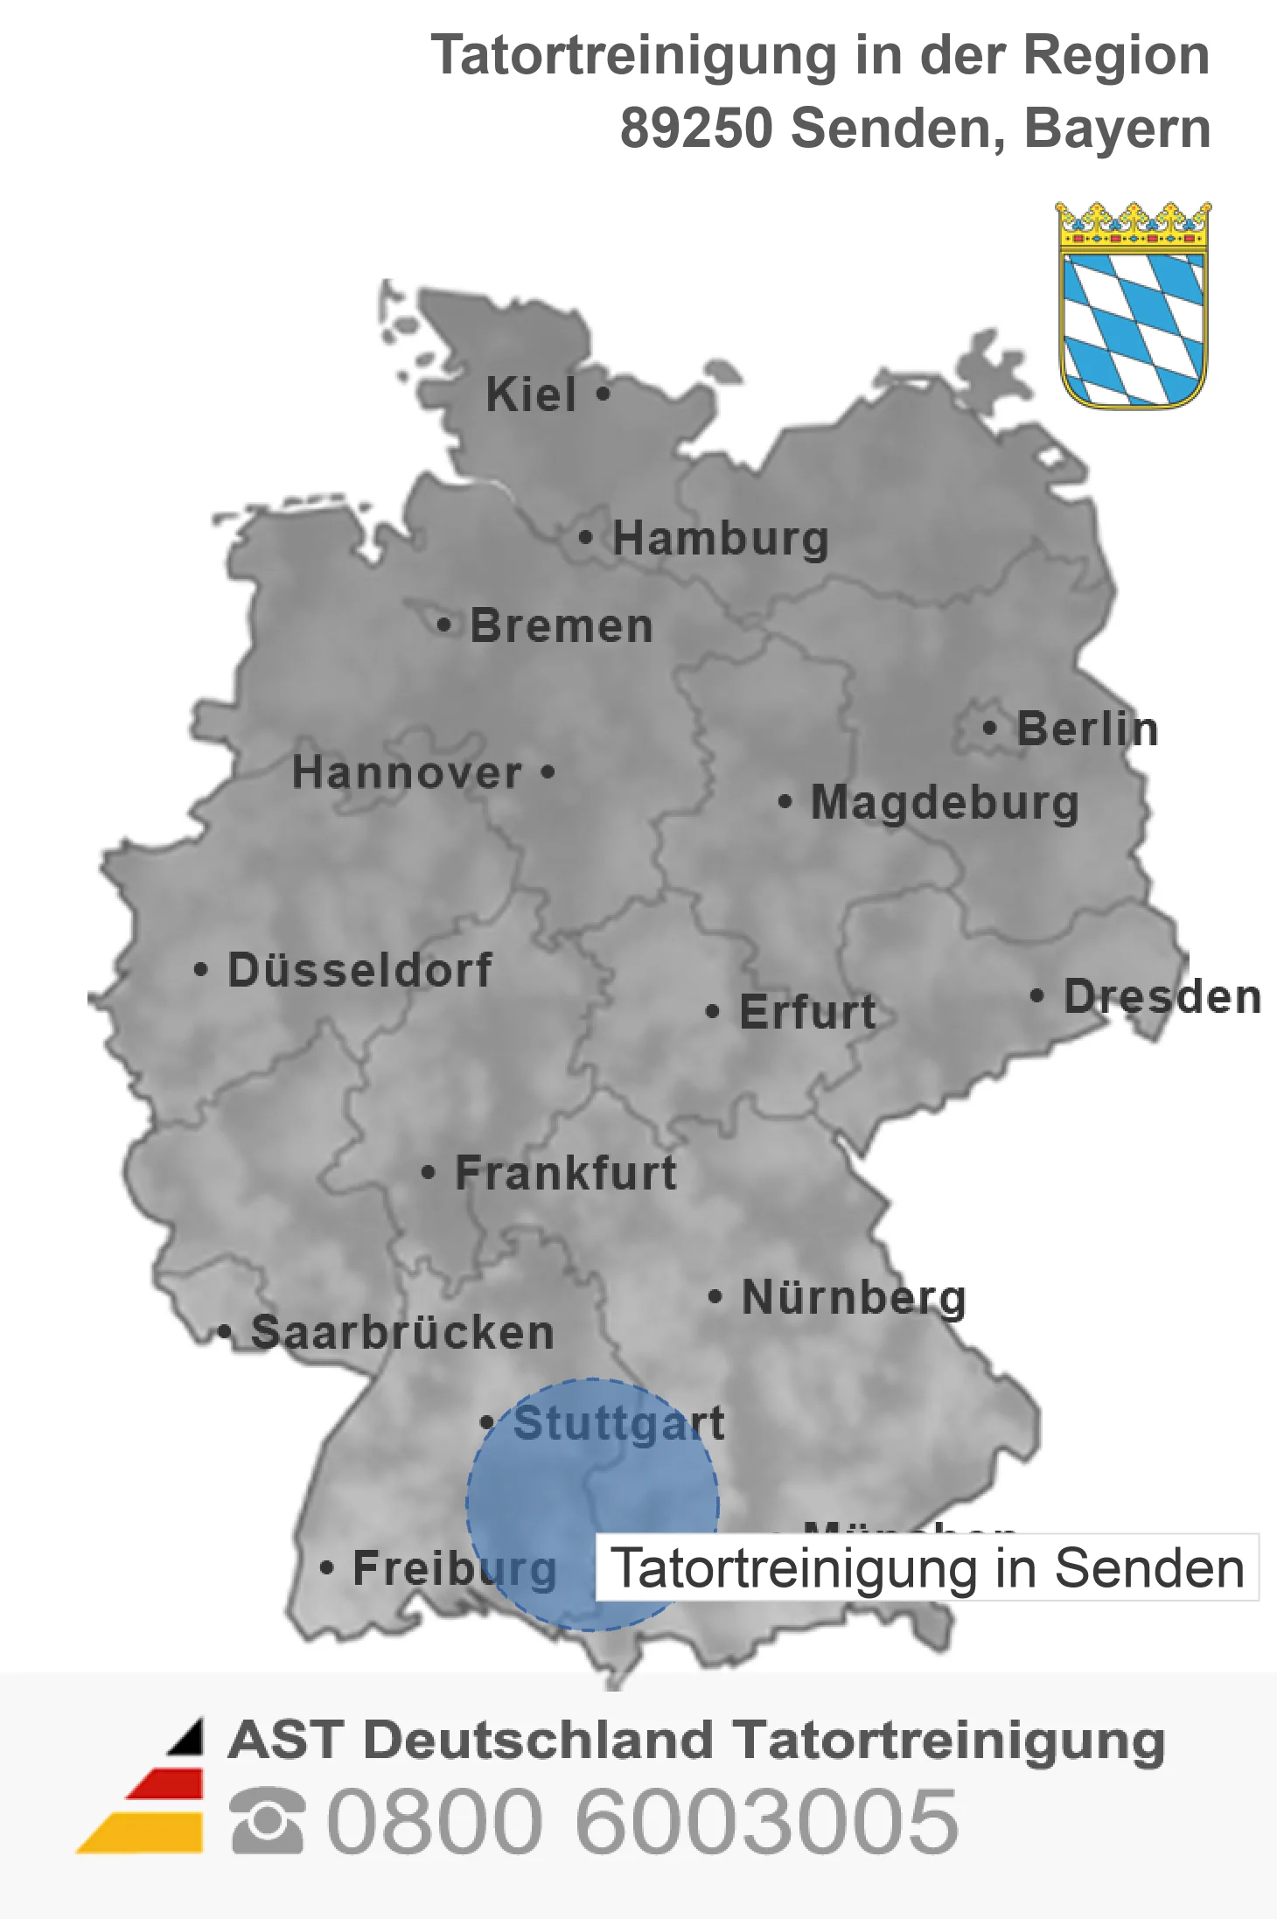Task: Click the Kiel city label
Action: (531, 394)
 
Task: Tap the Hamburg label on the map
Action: (720, 538)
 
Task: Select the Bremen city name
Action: (562, 626)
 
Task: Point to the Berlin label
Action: (1087, 729)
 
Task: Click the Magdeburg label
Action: (945, 802)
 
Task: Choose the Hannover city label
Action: (407, 772)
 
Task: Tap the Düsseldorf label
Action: (359, 970)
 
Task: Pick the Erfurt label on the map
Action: (807, 1012)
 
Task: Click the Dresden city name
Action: (1162, 996)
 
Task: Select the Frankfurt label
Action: (566, 1173)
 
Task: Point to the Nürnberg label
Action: (854, 1297)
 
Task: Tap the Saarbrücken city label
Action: (402, 1333)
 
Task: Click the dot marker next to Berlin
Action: (989, 728)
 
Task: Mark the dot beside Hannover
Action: (548, 772)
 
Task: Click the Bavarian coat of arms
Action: (1134, 305)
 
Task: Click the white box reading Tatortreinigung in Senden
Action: (927, 1567)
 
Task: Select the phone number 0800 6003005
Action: (643, 1821)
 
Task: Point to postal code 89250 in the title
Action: (696, 128)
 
